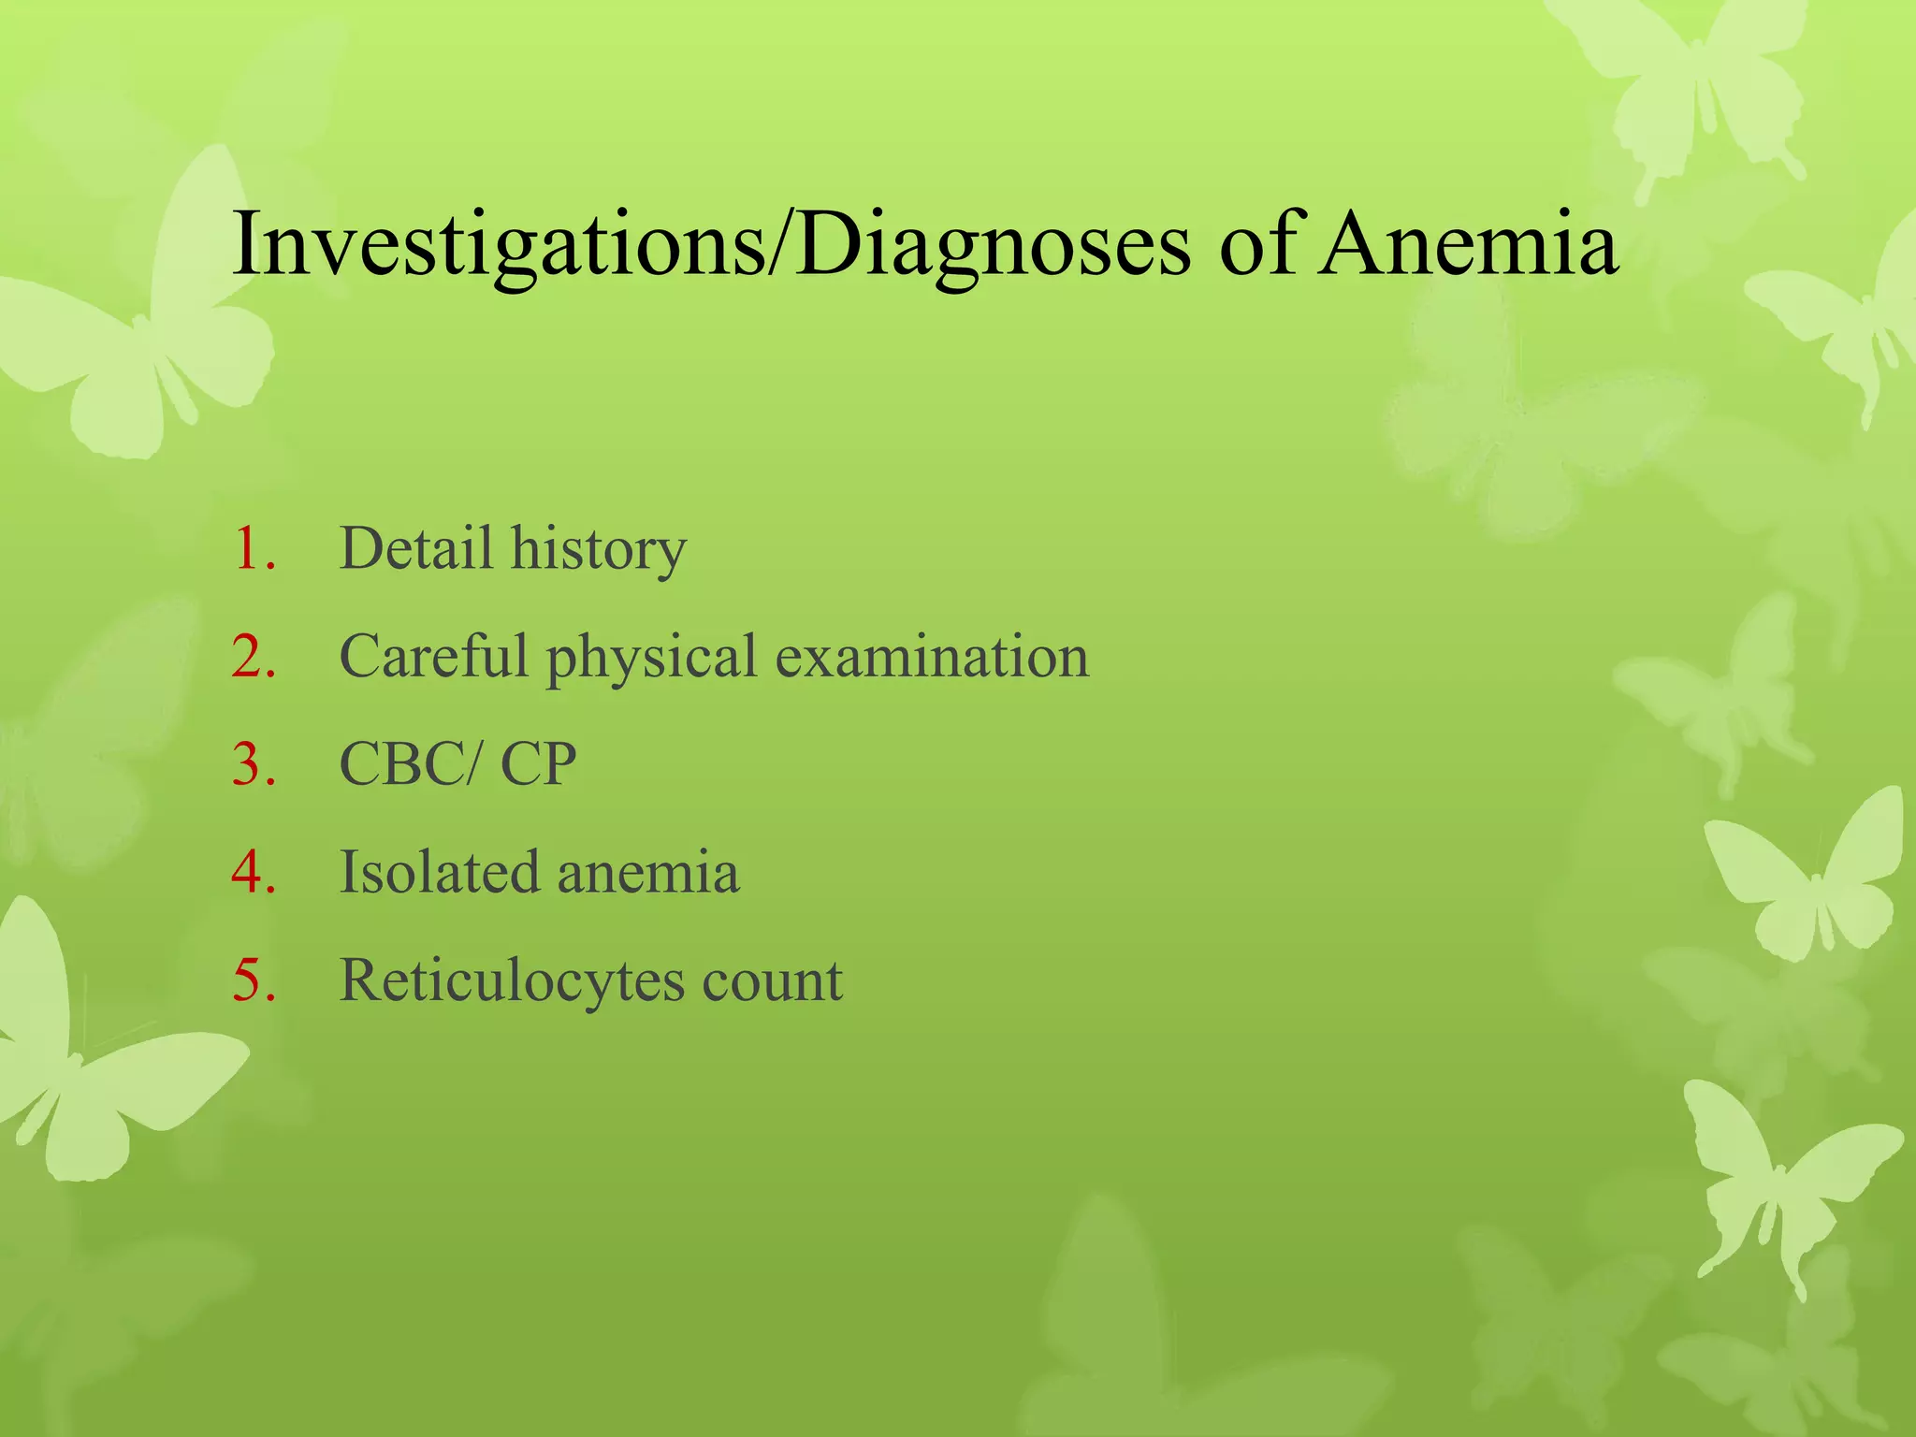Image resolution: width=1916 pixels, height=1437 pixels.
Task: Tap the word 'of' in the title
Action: [x=1259, y=245]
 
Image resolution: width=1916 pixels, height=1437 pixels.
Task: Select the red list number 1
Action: [x=254, y=549]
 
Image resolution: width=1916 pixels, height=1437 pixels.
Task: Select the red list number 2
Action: [x=254, y=657]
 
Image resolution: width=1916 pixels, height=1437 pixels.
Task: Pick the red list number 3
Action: [x=254, y=764]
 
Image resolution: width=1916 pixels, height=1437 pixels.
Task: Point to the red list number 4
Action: [x=254, y=873]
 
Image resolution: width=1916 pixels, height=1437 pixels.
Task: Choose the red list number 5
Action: [x=254, y=980]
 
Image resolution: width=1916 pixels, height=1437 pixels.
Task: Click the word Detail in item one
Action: [x=415, y=549]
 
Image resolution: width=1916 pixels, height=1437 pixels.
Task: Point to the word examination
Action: [x=933, y=657]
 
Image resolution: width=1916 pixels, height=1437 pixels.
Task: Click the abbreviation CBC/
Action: [x=413, y=764]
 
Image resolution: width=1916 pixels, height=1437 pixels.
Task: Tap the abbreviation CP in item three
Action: [x=538, y=764]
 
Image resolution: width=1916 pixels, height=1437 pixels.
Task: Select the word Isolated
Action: [x=439, y=873]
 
